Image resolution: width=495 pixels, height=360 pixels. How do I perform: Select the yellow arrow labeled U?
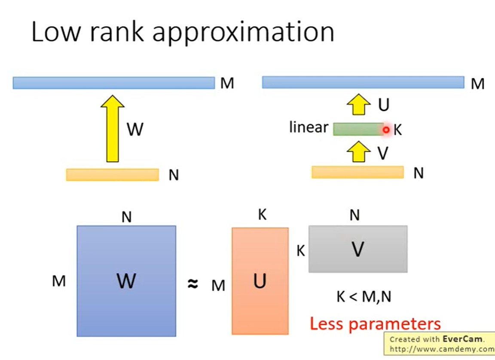pyautogui.click(x=358, y=105)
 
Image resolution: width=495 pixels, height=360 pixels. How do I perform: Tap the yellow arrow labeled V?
pyautogui.click(x=358, y=153)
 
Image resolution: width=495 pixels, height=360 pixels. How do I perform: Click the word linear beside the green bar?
pyautogui.click(x=309, y=128)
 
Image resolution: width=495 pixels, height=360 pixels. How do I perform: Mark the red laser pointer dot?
pyautogui.click(x=386, y=129)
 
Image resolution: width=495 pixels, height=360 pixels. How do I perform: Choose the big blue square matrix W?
pyautogui.click(x=126, y=281)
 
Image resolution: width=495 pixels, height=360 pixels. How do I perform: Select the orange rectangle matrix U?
pyautogui.click(x=260, y=281)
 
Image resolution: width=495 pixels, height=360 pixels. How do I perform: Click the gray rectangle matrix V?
pyautogui.click(x=357, y=249)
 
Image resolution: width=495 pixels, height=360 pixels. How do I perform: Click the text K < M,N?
pyautogui.click(x=364, y=297)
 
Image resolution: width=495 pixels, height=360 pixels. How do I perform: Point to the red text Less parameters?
pyautogui.click(x=375, y=324)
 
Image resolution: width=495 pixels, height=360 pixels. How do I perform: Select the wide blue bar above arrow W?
pyautogui.click(x=113, y=83)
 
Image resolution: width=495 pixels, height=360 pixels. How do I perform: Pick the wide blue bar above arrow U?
pyautogui.click(x=363, y=82)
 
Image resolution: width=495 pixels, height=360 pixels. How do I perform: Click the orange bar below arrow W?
pyautogui.click(x=112, y=174)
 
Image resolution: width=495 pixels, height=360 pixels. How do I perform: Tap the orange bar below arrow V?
pyautogui.click(x=357, y=172)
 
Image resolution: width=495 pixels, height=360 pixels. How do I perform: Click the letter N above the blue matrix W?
pyautogui.click(x=126, y=218)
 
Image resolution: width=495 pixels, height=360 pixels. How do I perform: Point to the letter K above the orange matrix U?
pyautogui.click(x=262, y=215)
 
